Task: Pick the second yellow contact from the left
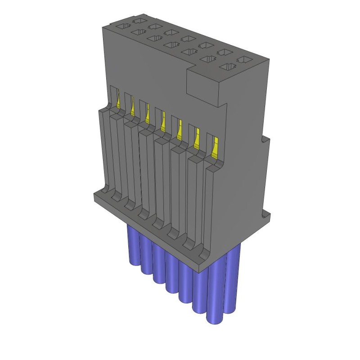click(x=132, y=108)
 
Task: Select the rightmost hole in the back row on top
click(x=243, y=59)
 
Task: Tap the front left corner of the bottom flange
click(x=94, y=197)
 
